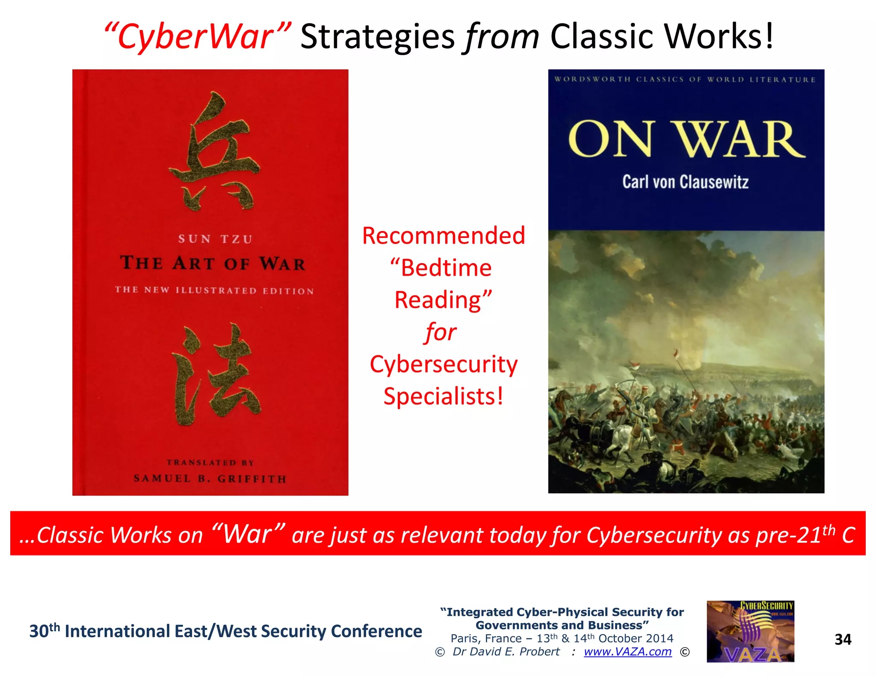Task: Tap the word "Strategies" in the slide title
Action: click(377, 37)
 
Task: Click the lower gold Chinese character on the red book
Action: click(215, 374)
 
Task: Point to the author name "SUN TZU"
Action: click(215, 239)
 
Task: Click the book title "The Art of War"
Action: click(213, 263)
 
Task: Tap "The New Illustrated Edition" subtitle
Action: click(214, 291)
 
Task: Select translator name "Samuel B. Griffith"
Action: click(210, 478)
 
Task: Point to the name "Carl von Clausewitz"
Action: click(685, 182)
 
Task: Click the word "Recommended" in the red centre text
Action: click(444, 236)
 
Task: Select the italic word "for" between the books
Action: click(441, 332)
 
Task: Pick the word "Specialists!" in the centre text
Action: click(443, 396)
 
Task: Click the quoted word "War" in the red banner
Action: click(248, 534)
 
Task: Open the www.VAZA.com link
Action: click(627, 652)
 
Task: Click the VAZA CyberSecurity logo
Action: click(750, 632)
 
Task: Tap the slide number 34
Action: click(843, 640)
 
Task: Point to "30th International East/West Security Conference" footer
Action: click(225, 631)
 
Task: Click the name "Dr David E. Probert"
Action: click(506, 652)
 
